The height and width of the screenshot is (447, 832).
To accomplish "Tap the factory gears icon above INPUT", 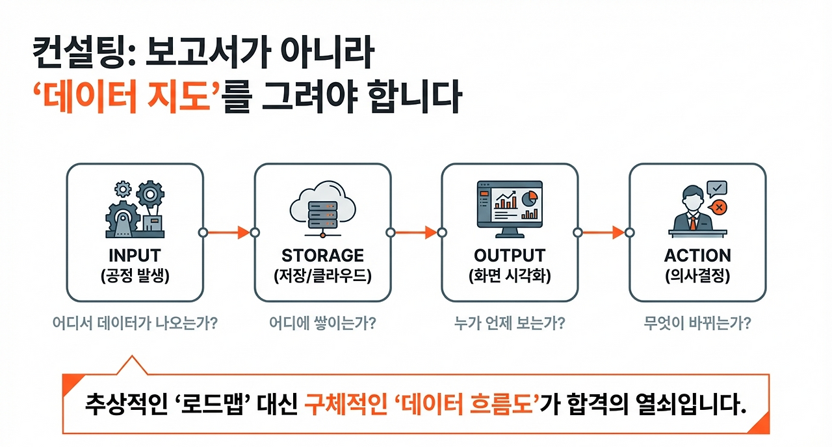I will [135, 209].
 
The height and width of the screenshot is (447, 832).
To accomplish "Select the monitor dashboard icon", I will [510, 208].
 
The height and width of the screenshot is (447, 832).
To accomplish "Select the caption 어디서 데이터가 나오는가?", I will [135, 323].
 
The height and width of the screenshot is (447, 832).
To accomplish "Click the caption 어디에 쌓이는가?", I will [322, 323].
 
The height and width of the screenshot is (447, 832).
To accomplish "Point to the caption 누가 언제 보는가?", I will [510, 323].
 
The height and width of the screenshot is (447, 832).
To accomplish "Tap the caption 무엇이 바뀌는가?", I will [697, 323].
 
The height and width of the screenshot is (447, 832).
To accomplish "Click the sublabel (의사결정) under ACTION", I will [697, 276].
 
